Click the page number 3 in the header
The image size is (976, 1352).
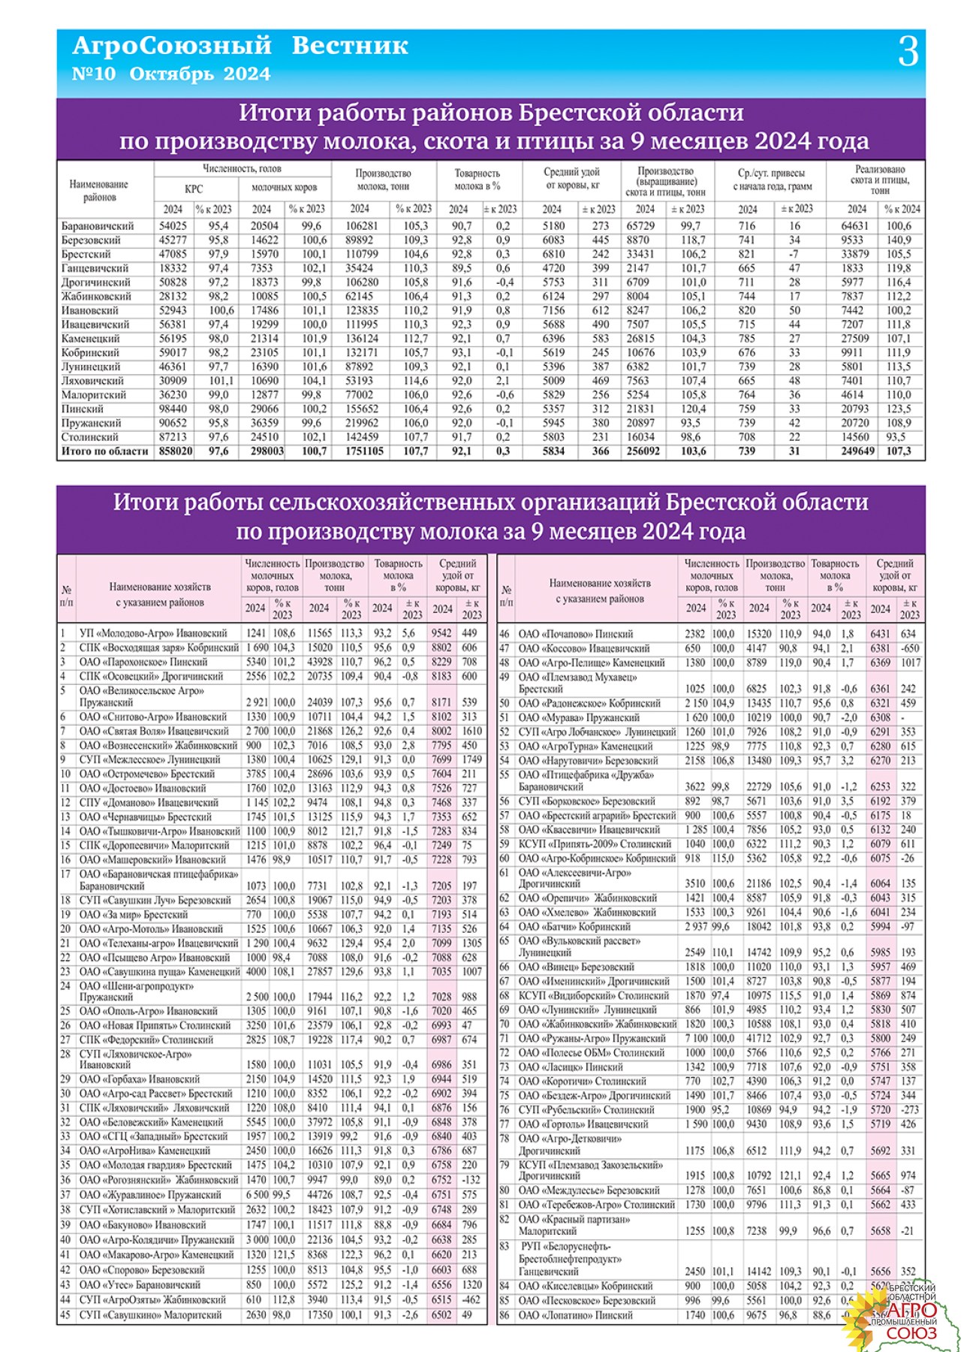point(908,53)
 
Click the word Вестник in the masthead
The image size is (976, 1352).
point(350,46)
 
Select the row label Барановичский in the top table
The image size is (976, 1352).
point(98,226)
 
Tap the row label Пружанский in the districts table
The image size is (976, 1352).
point(92,423)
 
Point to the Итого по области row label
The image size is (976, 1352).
point(105,451)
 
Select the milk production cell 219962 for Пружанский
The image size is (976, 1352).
point(362,423)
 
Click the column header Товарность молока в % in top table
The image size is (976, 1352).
point(477,180)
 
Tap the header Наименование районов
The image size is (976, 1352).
point(99,191)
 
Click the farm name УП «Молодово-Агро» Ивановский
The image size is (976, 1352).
point(153,633)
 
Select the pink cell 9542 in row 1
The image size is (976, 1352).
point(442,633)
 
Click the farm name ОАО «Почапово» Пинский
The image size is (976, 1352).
point(576,634)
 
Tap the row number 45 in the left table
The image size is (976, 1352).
point(65,1315)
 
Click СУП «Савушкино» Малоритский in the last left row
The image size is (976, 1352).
point(150,1315)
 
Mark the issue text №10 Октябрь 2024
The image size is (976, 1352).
point(171,74)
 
